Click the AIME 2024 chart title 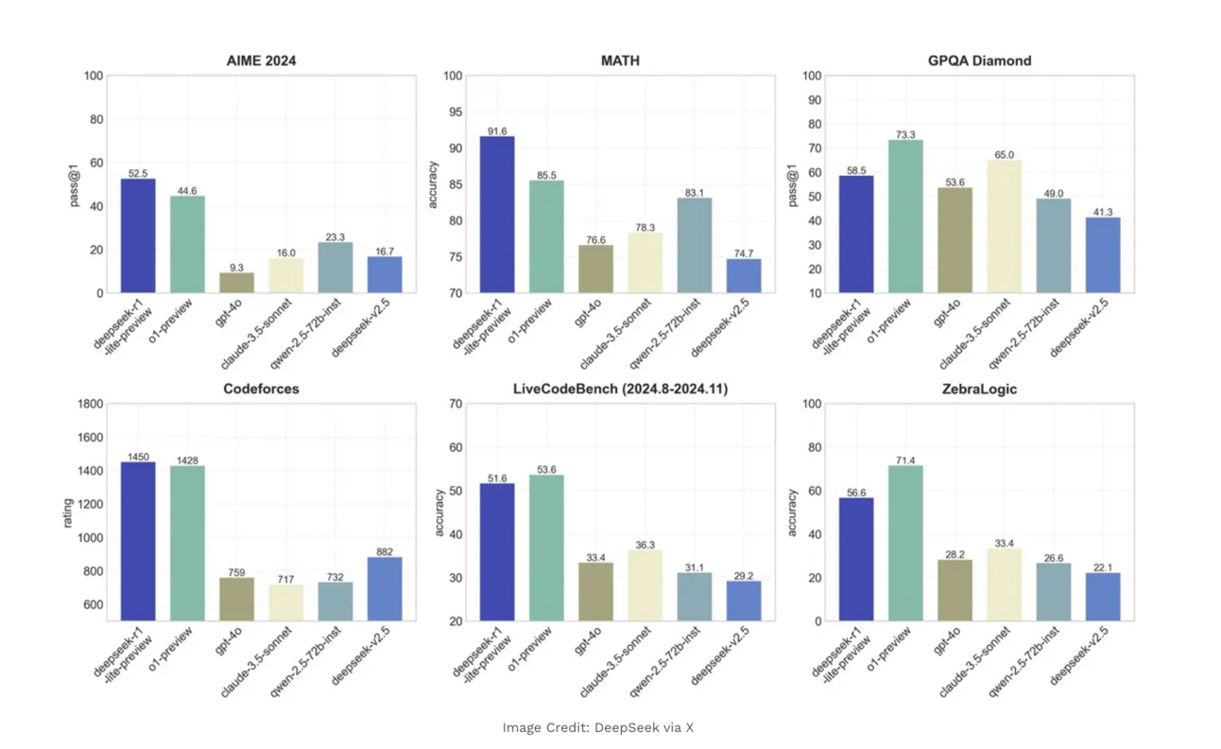click(261, 61)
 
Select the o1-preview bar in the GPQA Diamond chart click(905, 216)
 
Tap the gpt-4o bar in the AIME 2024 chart click(236, 282)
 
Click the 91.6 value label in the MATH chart click(497, 131)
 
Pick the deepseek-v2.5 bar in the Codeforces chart click(385, 588)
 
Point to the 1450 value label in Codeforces click(138, 456)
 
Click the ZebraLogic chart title click(979, 389)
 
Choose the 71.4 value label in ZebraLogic click(905, 460)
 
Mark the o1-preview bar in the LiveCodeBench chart click(546, 548)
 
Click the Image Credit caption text click(597, 727)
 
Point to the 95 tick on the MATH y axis click(454, 113)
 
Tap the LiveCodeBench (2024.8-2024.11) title click(620, 389)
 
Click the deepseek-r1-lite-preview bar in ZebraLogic click(856, 559)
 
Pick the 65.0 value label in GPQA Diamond click(1004, 154)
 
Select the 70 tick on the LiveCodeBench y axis click(456, 405)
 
